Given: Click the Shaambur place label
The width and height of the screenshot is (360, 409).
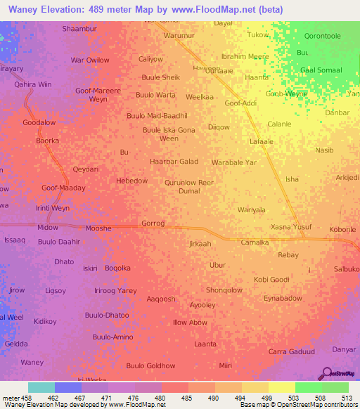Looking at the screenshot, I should point(79,28).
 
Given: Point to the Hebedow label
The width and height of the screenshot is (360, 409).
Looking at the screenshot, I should point(131,181).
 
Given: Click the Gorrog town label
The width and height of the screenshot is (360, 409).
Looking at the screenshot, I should point(153,223).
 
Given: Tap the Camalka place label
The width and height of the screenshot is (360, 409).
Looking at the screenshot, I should point(255,242).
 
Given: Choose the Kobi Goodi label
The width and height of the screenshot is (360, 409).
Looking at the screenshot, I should point(271,280).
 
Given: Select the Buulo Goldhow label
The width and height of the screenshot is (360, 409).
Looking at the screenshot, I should point(150,365).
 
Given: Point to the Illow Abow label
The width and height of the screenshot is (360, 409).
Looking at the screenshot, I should point(190,323).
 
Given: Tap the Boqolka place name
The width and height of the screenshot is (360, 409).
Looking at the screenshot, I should point(117,268).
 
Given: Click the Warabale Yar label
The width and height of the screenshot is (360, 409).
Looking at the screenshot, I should point(234,162).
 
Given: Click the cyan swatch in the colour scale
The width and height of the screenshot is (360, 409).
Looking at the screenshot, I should point(41,387).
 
